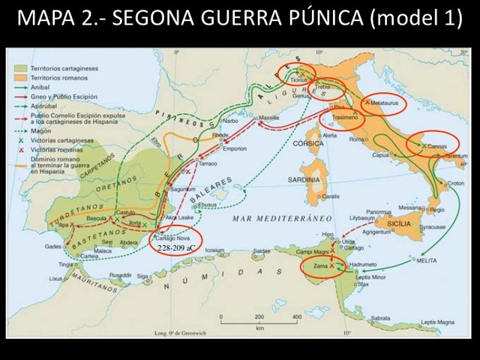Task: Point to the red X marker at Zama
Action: (x=331, y=266)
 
